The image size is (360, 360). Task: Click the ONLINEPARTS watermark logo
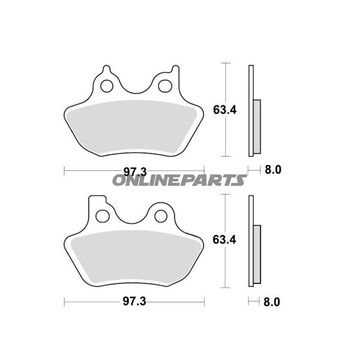pos(179,180)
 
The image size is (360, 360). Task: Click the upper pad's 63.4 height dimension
pos(225,109)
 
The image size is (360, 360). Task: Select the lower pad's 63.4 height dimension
pos(225,239)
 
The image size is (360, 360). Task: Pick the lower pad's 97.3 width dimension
pos(135,302)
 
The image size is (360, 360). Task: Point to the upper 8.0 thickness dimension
pos(271,170)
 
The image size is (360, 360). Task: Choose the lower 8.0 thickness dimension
pos(271,302)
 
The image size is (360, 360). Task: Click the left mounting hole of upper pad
pos(107,85)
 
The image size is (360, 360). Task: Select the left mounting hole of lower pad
pos(103,216)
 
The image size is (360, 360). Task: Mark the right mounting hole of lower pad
pos(161,216)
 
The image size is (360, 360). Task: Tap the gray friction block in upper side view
pos(257,126)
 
